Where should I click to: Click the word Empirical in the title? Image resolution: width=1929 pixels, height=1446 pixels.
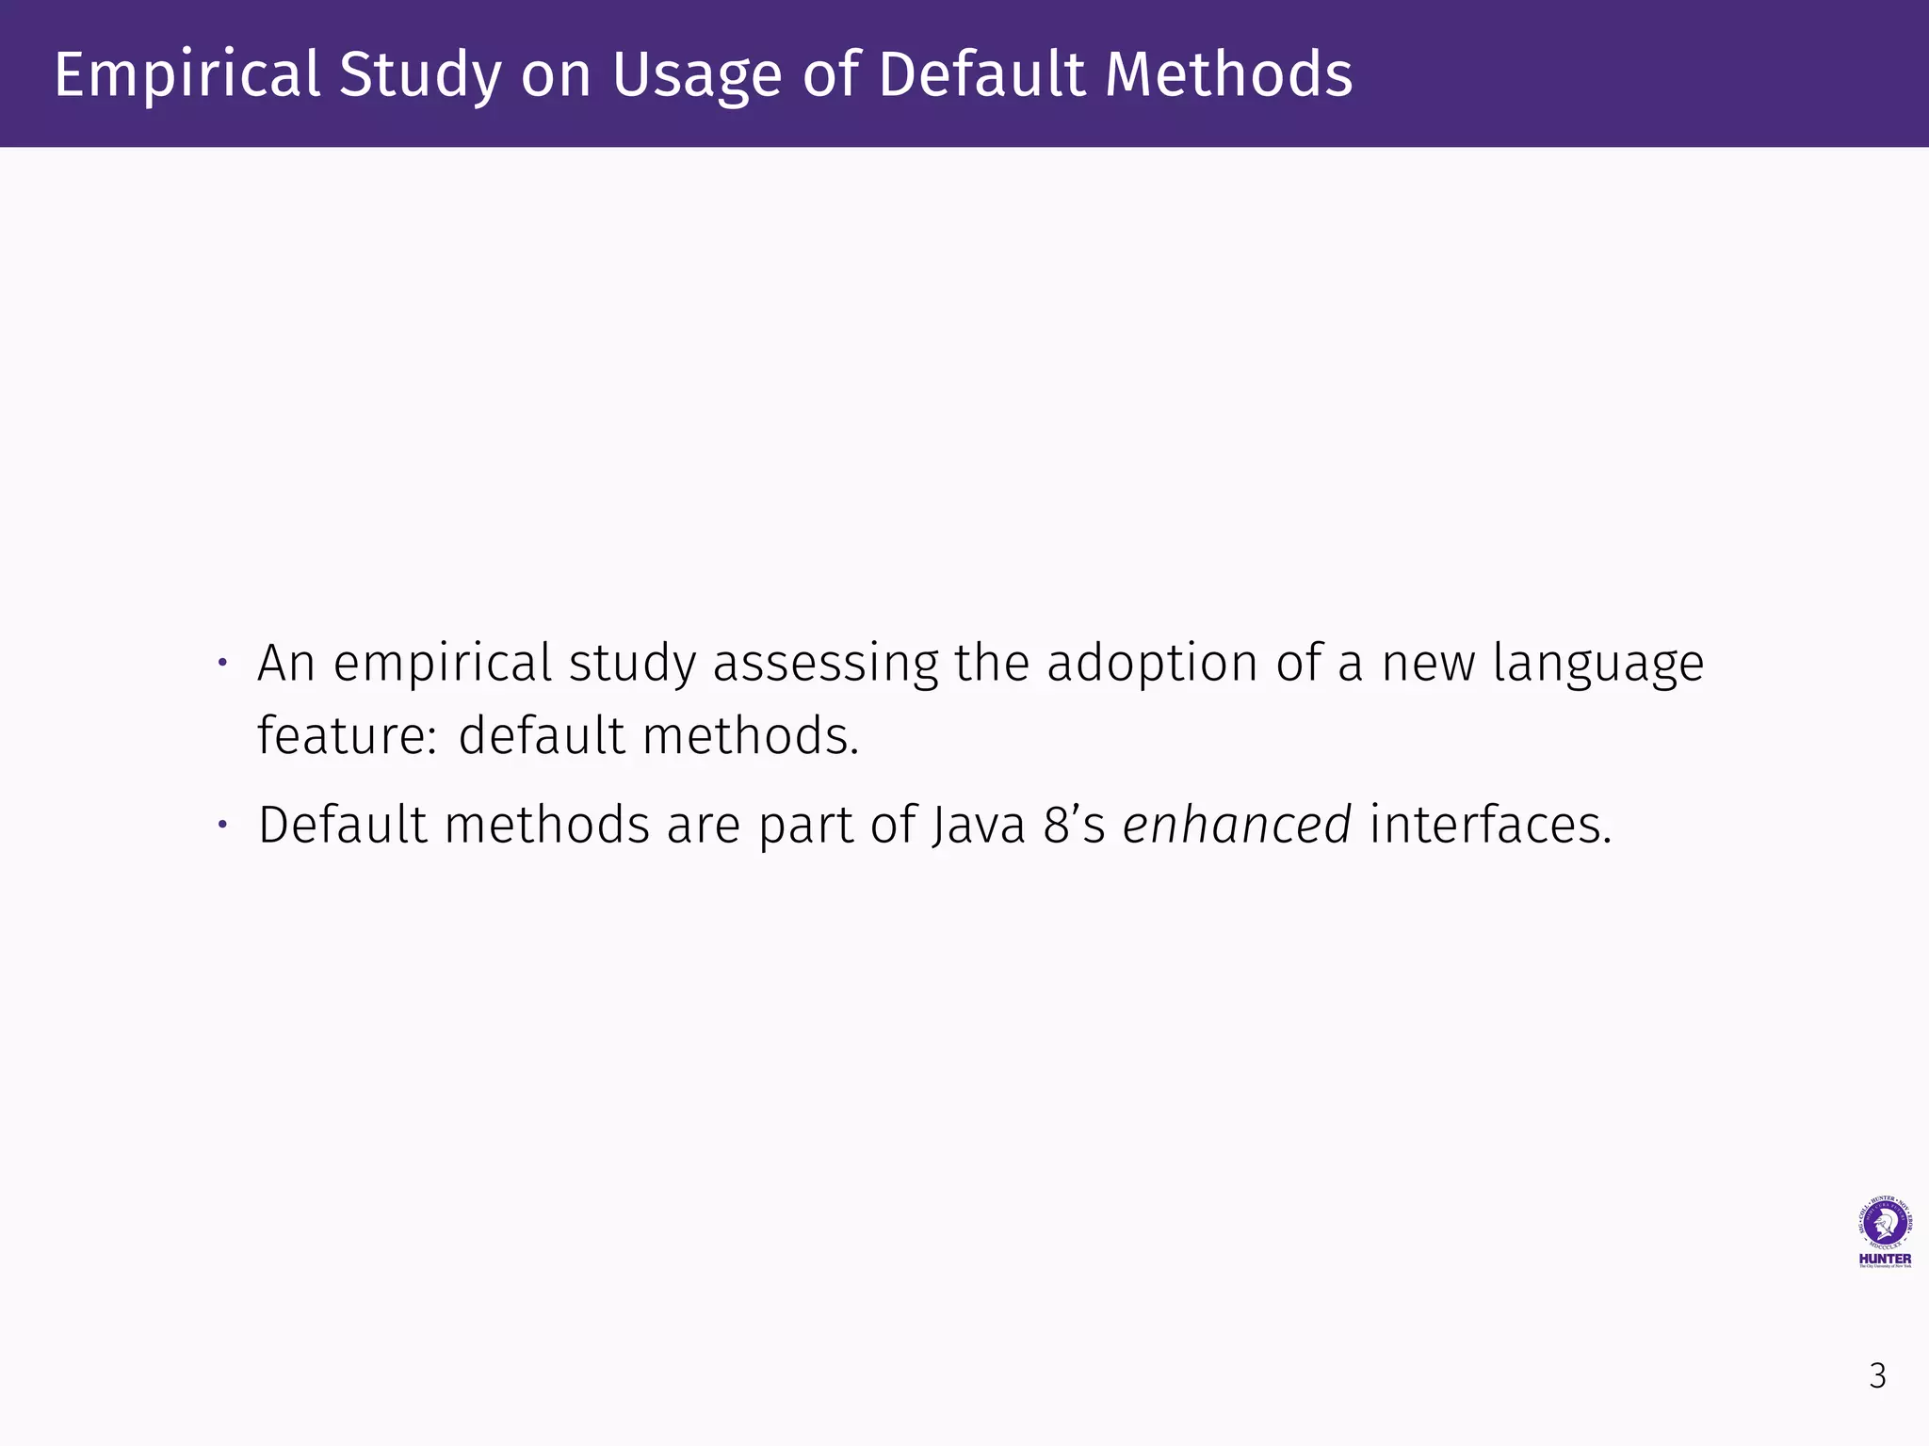[186, 74]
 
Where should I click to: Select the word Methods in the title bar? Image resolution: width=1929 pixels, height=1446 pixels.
[1228, 74]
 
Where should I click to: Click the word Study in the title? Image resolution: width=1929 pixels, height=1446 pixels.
[420, 74]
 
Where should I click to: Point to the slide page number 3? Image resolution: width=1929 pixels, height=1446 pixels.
[1877, 1375]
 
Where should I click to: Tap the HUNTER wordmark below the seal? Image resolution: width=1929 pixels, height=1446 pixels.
[1885, 1259]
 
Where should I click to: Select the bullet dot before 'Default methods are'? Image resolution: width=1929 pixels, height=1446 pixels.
[223, 825]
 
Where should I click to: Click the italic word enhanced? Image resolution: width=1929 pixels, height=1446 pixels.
[1237, 825]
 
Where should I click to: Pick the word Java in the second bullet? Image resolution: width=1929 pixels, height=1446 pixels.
[979, 825]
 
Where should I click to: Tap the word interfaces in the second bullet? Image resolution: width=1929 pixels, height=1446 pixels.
[1490, 825]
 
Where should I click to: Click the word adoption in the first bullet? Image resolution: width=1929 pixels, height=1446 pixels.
[1153, 663]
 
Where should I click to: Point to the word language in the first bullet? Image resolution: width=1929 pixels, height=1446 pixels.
[1598, 665]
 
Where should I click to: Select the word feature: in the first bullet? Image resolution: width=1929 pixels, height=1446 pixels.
[347, 735]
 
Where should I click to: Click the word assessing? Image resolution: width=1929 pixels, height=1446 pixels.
[825, 663]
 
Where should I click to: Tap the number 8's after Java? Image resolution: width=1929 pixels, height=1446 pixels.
[1074, 825]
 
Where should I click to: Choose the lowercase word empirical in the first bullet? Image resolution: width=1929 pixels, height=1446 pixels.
[443, 663]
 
